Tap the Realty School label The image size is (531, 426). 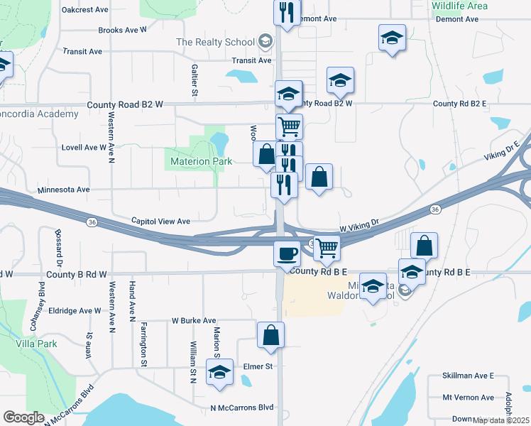point(214,42)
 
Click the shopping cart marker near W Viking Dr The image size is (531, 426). point(326,248)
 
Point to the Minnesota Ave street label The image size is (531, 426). point(63,190)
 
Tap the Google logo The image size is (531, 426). point(23,417)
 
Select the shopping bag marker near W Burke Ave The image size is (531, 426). point(271,336)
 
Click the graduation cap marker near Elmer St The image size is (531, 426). point(220,372)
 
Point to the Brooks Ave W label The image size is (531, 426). point(122,31)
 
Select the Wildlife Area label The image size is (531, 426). point(459,6)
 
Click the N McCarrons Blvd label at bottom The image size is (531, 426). point(242,408)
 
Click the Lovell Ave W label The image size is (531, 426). point(83,148)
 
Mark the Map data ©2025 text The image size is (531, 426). point(501,420)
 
